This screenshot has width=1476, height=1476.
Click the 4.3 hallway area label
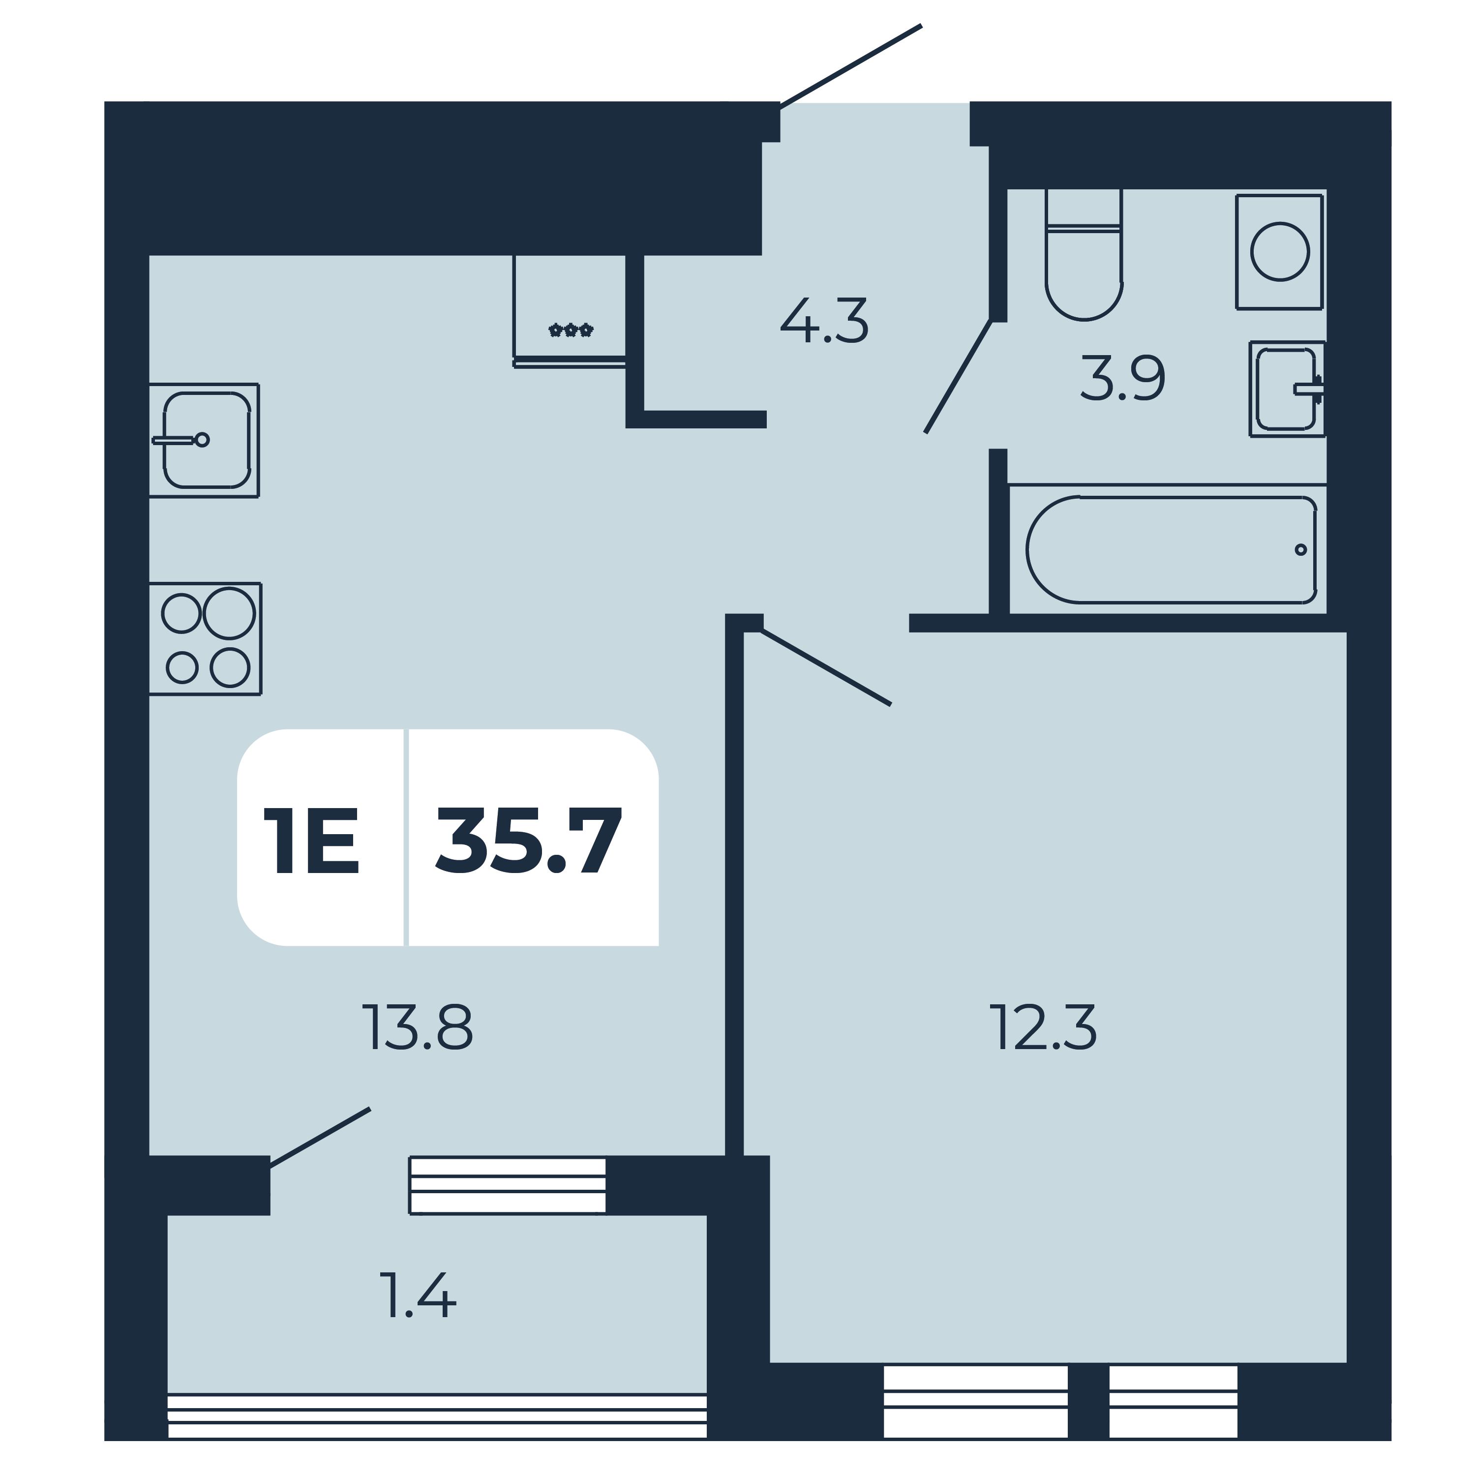824,321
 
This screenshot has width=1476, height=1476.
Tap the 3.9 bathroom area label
1122,378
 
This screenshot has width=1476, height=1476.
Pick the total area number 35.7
529,841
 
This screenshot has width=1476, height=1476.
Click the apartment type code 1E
311,841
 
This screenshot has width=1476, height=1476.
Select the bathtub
1171,549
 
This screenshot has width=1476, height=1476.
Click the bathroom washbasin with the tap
1287,389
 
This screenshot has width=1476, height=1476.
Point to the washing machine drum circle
1280,251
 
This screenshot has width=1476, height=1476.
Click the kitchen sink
204,440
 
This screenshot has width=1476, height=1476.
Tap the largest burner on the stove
229,613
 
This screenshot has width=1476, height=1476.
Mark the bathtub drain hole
1300,549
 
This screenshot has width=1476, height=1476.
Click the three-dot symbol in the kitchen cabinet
571,330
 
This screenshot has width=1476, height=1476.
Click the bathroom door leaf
958,377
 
